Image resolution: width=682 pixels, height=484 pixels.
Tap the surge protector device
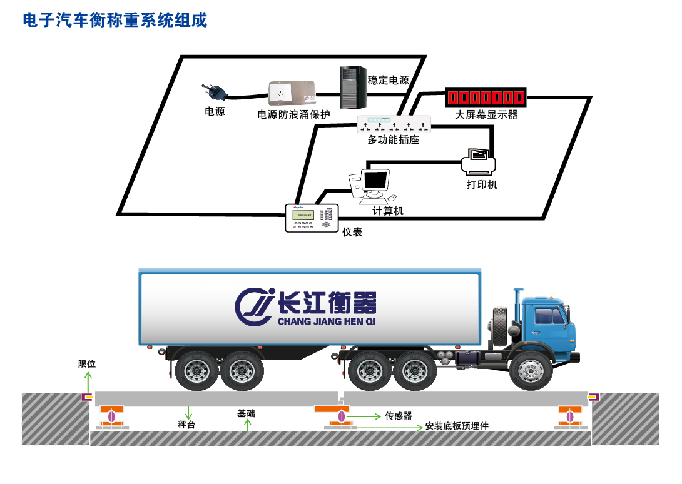(x=291, y=93)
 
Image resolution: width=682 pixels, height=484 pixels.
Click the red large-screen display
(x=486, y=98)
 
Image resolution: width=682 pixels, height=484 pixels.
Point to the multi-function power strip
(x=394, y=124)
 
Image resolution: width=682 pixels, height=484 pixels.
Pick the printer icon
(x=479, y=162)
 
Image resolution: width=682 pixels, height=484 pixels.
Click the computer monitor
(x=375, y=181)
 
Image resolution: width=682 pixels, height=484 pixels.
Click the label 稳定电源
(x=388, y=80)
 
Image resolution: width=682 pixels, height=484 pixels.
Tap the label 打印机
(x=482, y=185)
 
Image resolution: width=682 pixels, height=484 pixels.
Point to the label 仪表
(x=352, y=232)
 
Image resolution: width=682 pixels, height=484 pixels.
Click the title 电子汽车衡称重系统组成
(x=115, y=21)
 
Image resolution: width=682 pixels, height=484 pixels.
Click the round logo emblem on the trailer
(x=254, y=307)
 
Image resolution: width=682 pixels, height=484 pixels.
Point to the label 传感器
(x=399, y=416)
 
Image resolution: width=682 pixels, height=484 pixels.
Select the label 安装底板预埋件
(x=457, y=426)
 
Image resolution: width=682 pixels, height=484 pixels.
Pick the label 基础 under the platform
(x=246, y=413)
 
